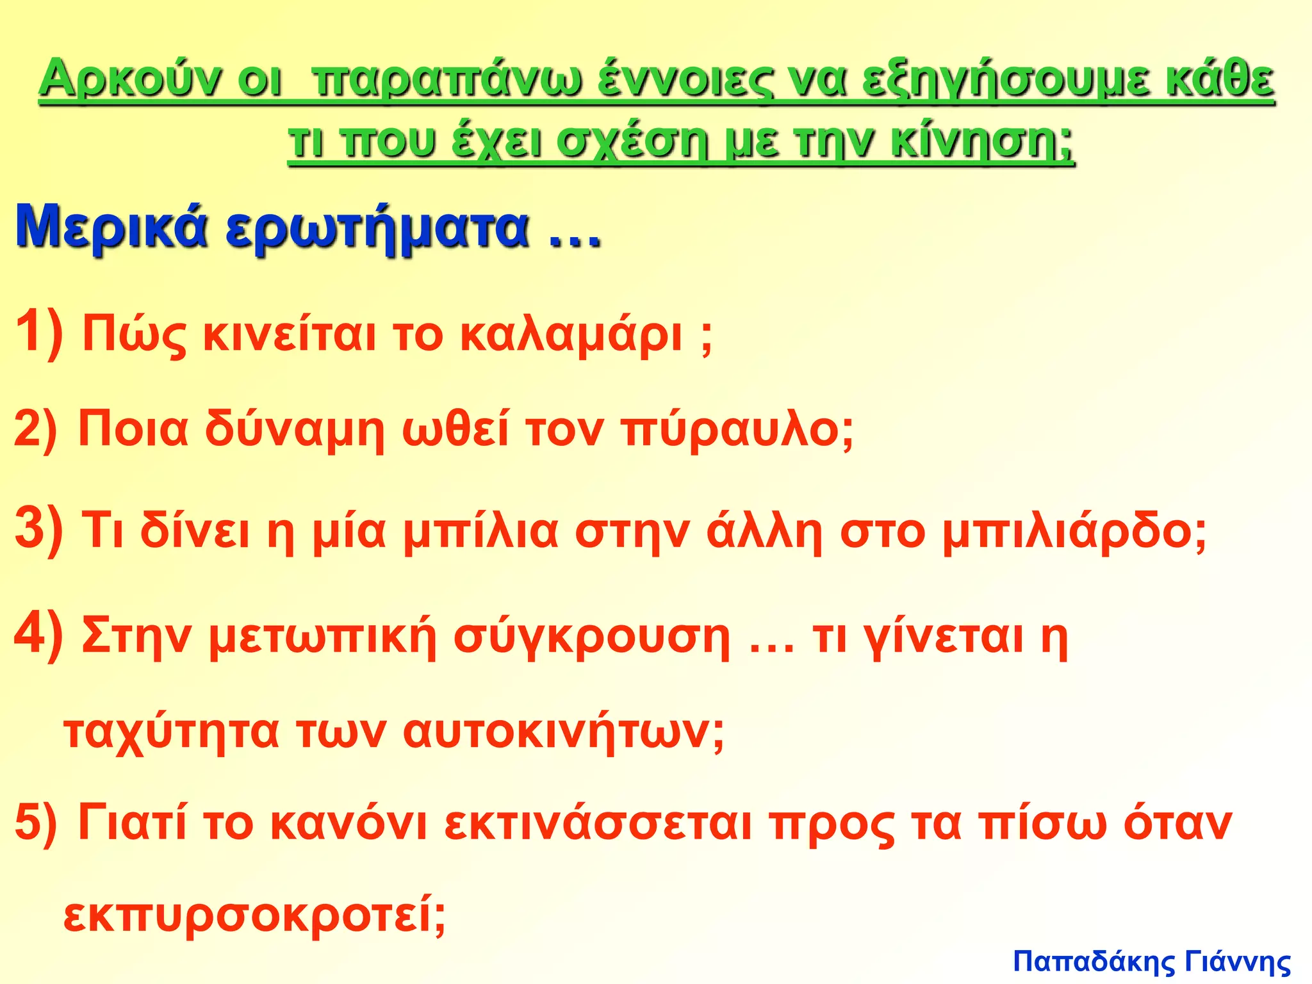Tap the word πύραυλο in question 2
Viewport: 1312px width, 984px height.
point(730,430)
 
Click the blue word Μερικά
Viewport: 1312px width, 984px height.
point(112,228)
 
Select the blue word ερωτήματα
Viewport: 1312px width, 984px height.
point(378,229)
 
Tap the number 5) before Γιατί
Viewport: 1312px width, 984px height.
point(36,824)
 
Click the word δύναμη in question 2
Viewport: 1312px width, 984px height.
point(295,430)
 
